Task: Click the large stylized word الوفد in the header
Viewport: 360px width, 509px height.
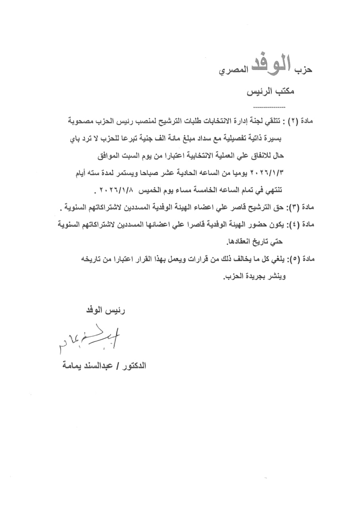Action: (274, 65)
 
